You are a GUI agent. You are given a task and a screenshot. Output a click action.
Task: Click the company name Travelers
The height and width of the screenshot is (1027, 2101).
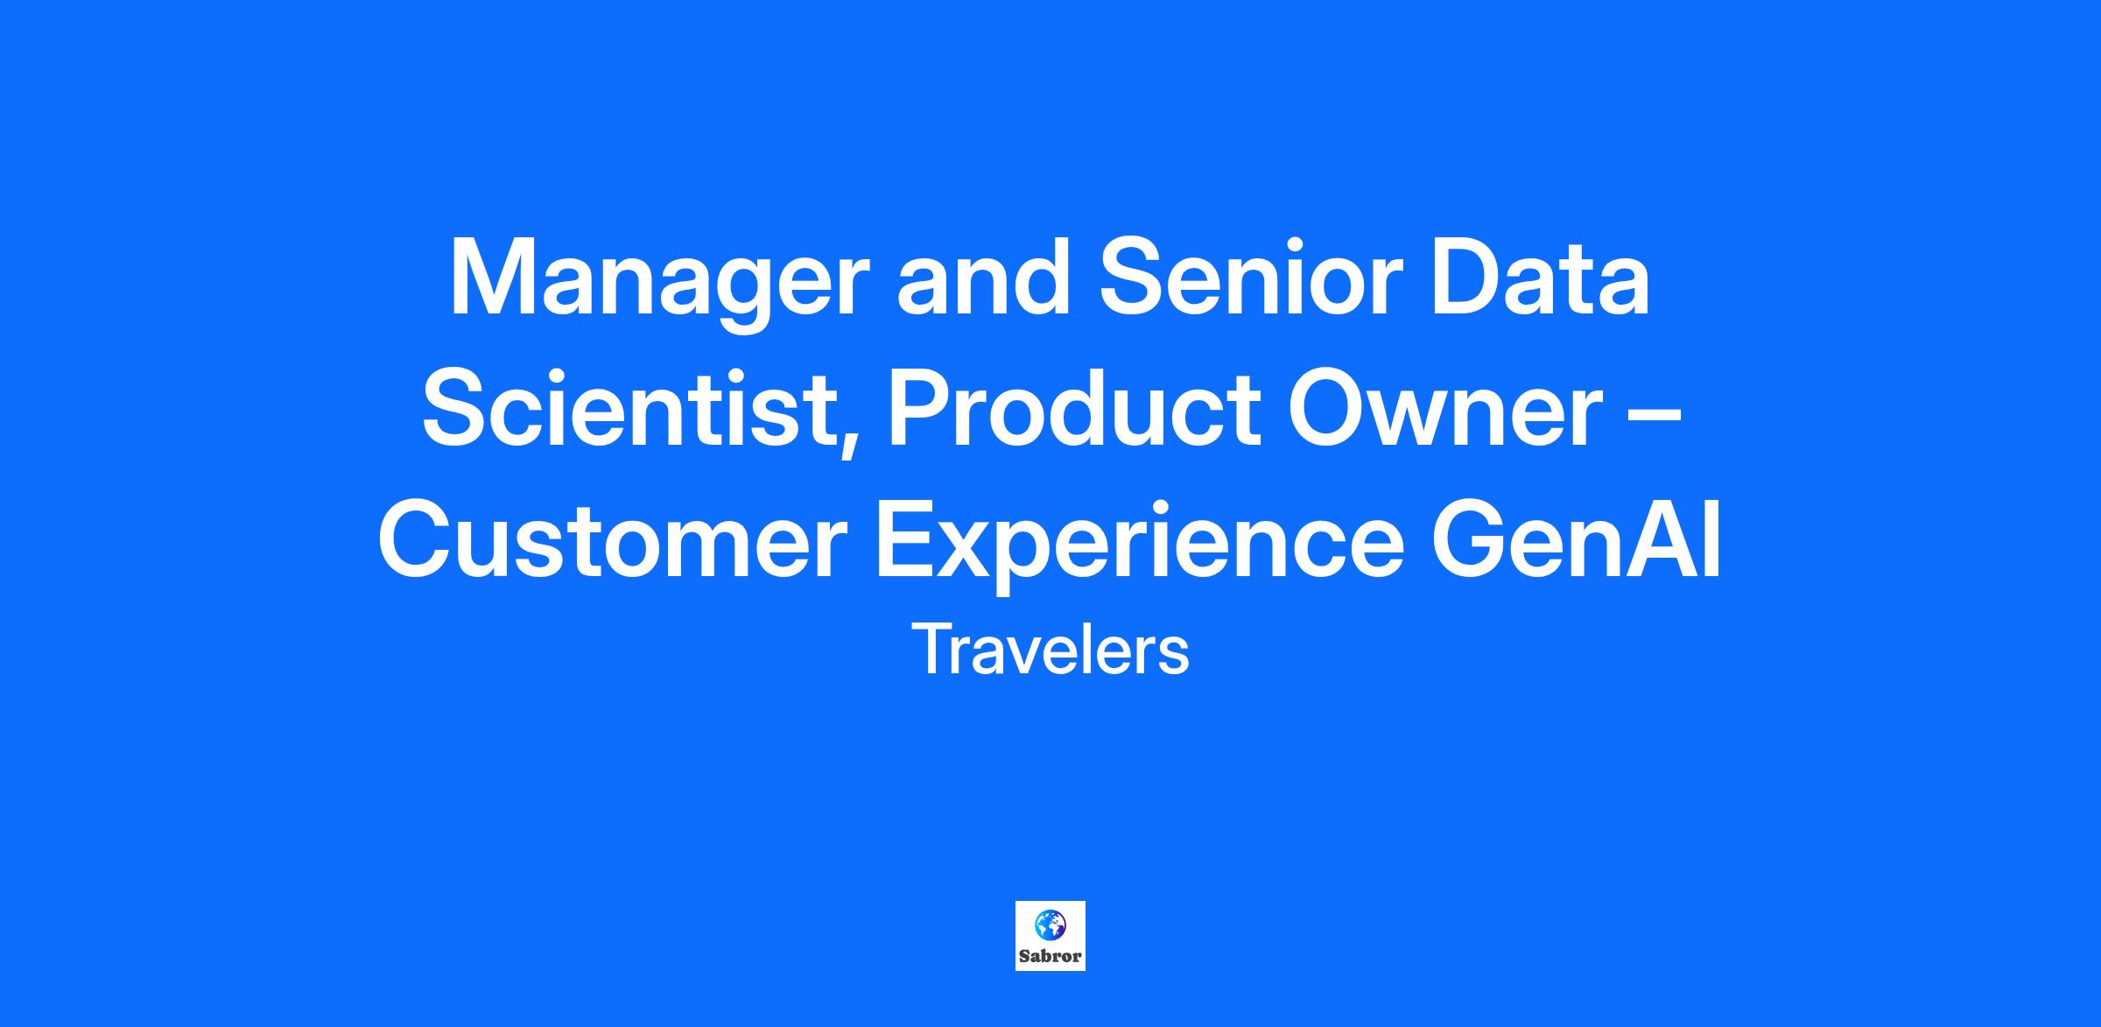pyautogui.click(x=1050, y=650)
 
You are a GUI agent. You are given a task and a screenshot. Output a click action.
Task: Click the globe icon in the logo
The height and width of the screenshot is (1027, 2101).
pyautogui.click(x=1050, y=924)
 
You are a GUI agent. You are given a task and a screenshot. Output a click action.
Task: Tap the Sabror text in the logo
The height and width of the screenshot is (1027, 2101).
pyautogui.click(x=1050, y=956)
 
